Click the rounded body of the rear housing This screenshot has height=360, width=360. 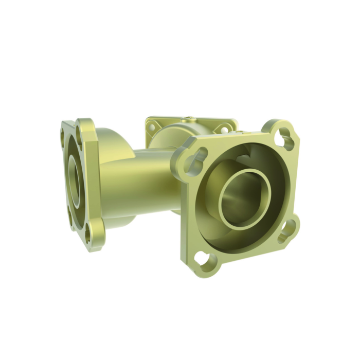[x=170, y=136]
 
